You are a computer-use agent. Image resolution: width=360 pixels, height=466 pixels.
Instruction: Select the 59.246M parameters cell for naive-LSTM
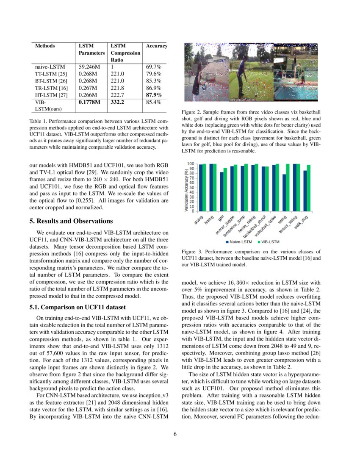click(89, 67)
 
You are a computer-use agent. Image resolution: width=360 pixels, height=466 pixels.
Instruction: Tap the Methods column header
click(45, 46)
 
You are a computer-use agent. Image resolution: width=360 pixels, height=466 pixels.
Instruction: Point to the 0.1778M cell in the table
click(89, 102)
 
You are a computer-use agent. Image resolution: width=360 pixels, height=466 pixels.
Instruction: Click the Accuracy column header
click(156, 46)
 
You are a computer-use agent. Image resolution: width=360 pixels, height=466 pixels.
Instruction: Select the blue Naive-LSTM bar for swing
click(284, 193)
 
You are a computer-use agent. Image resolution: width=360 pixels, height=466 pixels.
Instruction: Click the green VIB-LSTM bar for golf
click(225, 189)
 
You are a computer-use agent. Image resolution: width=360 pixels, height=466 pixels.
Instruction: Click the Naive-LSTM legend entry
click(238, 242)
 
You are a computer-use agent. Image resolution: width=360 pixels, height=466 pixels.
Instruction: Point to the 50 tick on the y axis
click(191, 187)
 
